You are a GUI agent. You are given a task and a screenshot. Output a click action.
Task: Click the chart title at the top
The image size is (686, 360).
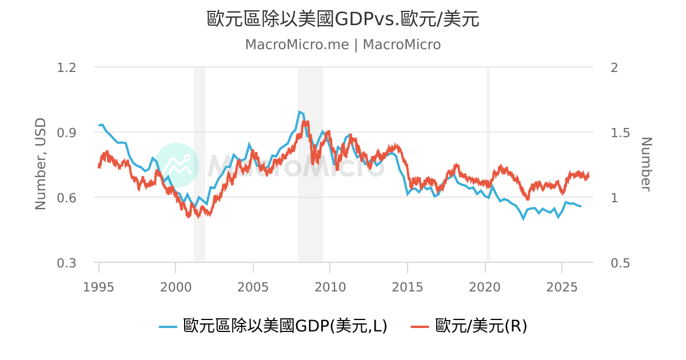click(x=343, y=19)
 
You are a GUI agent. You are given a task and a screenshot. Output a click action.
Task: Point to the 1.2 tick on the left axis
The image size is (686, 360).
click(x=66, y=67)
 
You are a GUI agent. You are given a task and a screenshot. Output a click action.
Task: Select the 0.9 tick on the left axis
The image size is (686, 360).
click(x=66, y=133)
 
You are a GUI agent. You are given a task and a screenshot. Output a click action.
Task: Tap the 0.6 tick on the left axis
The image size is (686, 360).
click(x=66, y=198)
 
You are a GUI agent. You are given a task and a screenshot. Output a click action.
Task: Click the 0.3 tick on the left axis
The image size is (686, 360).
click(x=66, y=263)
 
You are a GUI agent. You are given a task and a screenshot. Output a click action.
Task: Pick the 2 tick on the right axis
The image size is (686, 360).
click(x=615, y=67)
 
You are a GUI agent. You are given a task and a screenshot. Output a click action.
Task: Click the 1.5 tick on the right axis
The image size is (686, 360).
click(x=620, y=133)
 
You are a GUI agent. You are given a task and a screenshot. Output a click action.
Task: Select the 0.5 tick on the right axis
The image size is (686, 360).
click(x=620, y=263)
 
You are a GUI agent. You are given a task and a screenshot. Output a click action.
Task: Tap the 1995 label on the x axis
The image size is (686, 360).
click(x=98, y=287)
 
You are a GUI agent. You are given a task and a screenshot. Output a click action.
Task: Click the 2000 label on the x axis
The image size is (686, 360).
click(x=176, y=287)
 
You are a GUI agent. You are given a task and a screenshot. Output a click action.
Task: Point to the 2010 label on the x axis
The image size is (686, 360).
click(x=330, y=287)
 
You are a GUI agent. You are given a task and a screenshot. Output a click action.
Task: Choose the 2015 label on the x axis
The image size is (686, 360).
click(x=407, y=287)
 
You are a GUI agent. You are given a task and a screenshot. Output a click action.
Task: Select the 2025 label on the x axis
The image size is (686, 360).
click(x=562, y=287)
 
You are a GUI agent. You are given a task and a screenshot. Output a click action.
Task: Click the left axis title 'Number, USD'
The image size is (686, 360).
click(x=41, y=164)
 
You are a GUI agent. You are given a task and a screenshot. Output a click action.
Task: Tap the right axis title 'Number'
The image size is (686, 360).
click(x=646, y=165)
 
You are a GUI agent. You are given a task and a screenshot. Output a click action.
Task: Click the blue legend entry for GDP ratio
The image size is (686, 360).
click(x=273, y=326)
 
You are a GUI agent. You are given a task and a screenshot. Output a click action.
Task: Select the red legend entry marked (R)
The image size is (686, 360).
click(x=469, y=326)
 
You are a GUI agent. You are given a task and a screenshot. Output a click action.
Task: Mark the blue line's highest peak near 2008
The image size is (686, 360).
click(x=299, y=112)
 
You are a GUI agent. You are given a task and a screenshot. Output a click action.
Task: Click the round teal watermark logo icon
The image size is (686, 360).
click(x=177, y=165)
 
